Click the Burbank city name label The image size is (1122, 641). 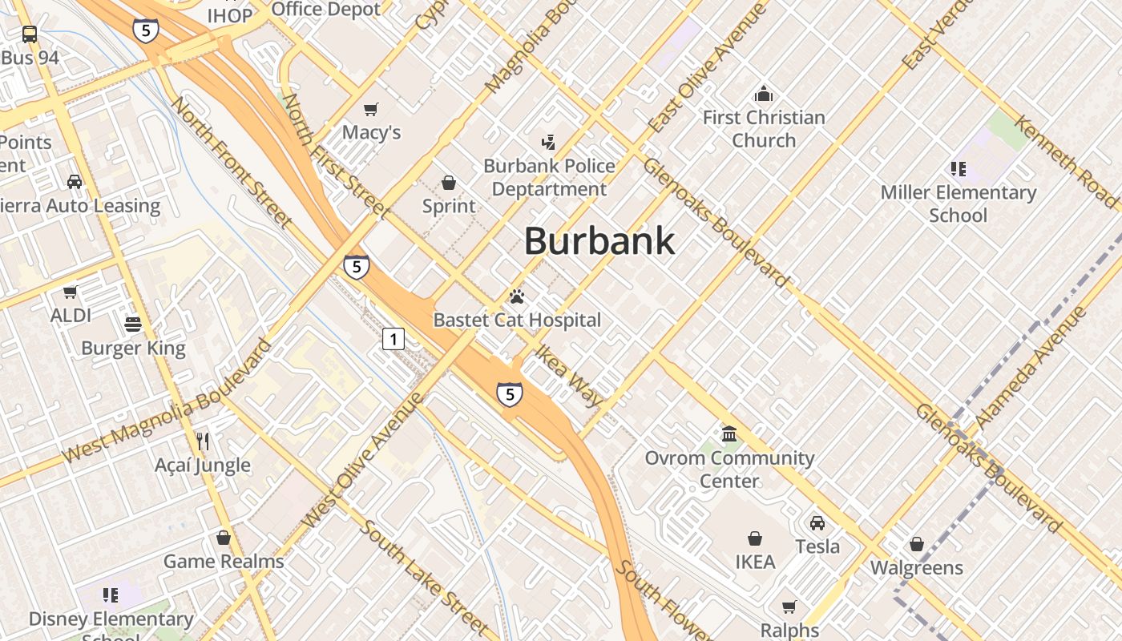[x=599, y=241]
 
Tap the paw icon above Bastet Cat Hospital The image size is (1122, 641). [x=517, y=297]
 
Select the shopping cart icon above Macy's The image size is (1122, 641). [x=370, y=109]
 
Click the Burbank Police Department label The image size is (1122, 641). [x=550, y=177]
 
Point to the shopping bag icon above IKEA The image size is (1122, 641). [x=754, y=538]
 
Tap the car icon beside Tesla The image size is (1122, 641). [x=817, y=523]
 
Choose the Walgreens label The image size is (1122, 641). [x=917, y=568]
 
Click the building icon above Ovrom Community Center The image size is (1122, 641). [x=729, y=434]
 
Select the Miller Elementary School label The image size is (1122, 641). [x=959, y=204]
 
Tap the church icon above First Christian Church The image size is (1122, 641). [x=764, y=95]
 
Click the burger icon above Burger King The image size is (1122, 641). [x=133, y=325]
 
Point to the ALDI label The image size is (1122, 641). [x=71, y=316]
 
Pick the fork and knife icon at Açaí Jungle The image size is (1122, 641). [x=204, y=441]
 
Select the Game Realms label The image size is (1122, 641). [x=224, y=562]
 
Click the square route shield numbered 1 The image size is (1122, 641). [x=393, y=340]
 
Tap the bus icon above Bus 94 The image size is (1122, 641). [x=30, y=34]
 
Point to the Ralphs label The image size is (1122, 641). [x=789, y=631]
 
